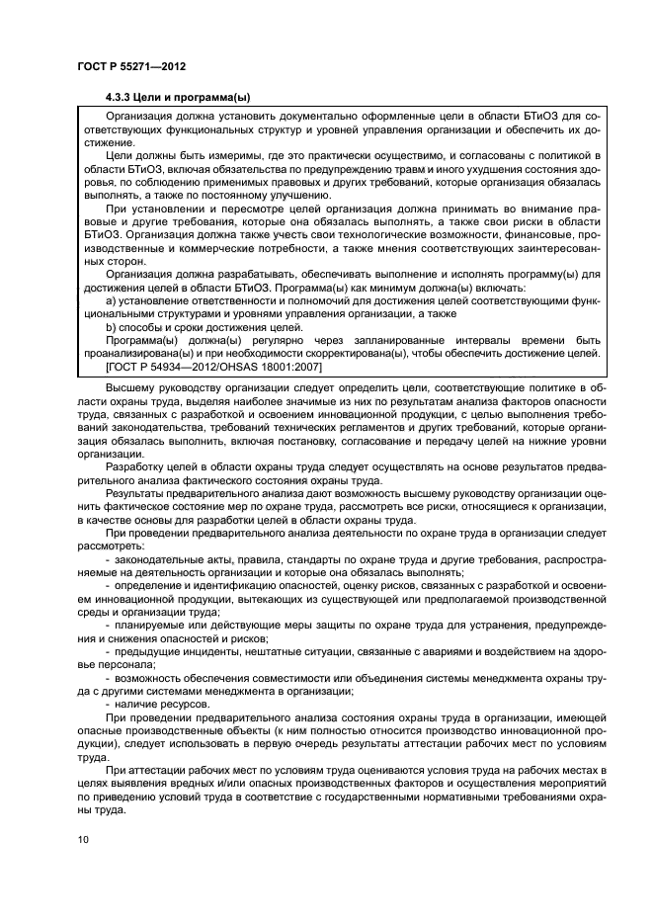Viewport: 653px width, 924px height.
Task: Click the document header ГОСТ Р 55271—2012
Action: pyautogui.click(x=130, y=66)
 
